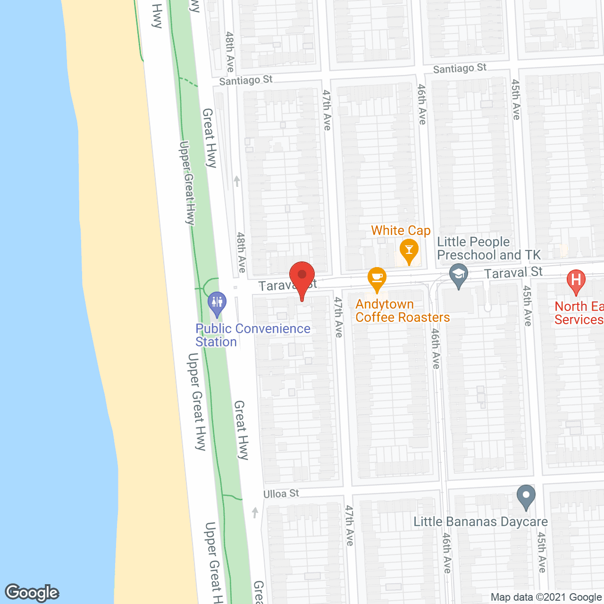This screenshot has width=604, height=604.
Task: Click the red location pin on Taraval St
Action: coord(302,277)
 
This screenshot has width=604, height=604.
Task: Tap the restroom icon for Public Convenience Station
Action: coord(217,302)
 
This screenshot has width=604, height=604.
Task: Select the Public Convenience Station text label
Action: coord(253,335)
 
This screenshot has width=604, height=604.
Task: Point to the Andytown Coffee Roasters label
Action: coord(403,311)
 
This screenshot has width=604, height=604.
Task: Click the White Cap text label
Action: coord(401,231)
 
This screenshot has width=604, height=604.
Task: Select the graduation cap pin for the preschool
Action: coord(458,274)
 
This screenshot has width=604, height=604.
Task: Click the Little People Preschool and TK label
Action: coord(489,249)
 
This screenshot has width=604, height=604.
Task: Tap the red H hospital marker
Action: coord(576,279)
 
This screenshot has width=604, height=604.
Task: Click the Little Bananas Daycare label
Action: coord(480,522)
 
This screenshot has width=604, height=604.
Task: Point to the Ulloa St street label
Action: coord(281,494)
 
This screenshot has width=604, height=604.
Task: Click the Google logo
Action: coord(32,593)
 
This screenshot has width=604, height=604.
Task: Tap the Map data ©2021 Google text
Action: coord(546,597)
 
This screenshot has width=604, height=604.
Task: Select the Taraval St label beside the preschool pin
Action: coord(513,272)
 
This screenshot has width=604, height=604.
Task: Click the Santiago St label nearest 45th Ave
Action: coord(460,68)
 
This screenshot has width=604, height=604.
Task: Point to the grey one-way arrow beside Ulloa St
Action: coord(255,512)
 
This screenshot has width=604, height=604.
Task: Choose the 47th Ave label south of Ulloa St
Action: coord(349,525)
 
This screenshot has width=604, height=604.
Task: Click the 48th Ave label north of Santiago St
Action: coord(230,51)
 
